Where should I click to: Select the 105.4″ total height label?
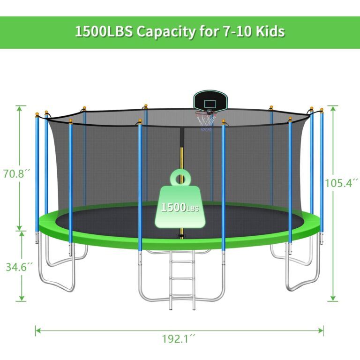coord(341,182)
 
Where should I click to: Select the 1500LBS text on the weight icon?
coord(180,207)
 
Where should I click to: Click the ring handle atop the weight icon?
coord(180,177)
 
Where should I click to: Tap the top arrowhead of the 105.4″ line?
coord(333,107)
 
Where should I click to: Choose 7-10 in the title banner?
coord(227,32)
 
